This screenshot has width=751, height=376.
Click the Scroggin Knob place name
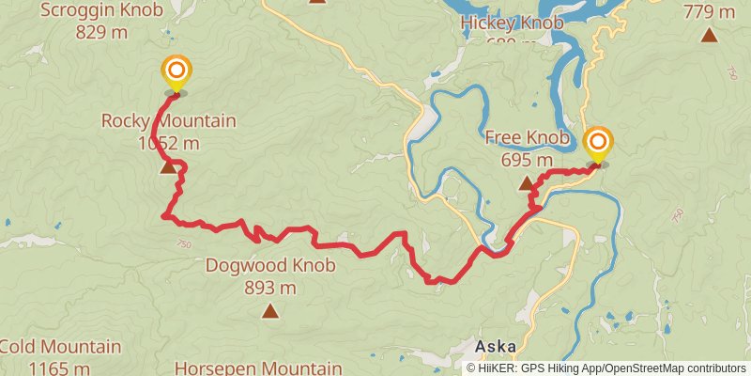click(101, 10)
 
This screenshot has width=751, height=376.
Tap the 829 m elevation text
click(102, 31)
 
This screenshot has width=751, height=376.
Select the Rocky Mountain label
click(168, 121)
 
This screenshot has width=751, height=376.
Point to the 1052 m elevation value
click(168, 143)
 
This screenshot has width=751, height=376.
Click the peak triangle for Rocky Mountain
click(168, 166)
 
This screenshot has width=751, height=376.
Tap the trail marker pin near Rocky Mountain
click(176, 72)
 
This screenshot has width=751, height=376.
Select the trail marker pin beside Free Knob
click(598, 144)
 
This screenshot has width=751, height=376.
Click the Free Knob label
click(527, 138)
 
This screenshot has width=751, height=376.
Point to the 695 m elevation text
click(527, 159)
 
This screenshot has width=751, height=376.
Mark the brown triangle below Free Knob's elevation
click(527, 183)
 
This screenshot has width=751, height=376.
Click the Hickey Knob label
click(512, 23)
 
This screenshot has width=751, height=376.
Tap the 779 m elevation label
click(709, 12)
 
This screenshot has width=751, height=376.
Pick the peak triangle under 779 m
click(709, 36)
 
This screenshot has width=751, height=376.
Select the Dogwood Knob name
click(269, 266)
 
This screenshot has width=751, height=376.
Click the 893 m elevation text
click(270, 288)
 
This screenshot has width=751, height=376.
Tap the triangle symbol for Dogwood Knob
click(270, 310)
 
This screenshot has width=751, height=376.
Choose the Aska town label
click(495, 346)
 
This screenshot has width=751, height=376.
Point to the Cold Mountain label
click(60, 347)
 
